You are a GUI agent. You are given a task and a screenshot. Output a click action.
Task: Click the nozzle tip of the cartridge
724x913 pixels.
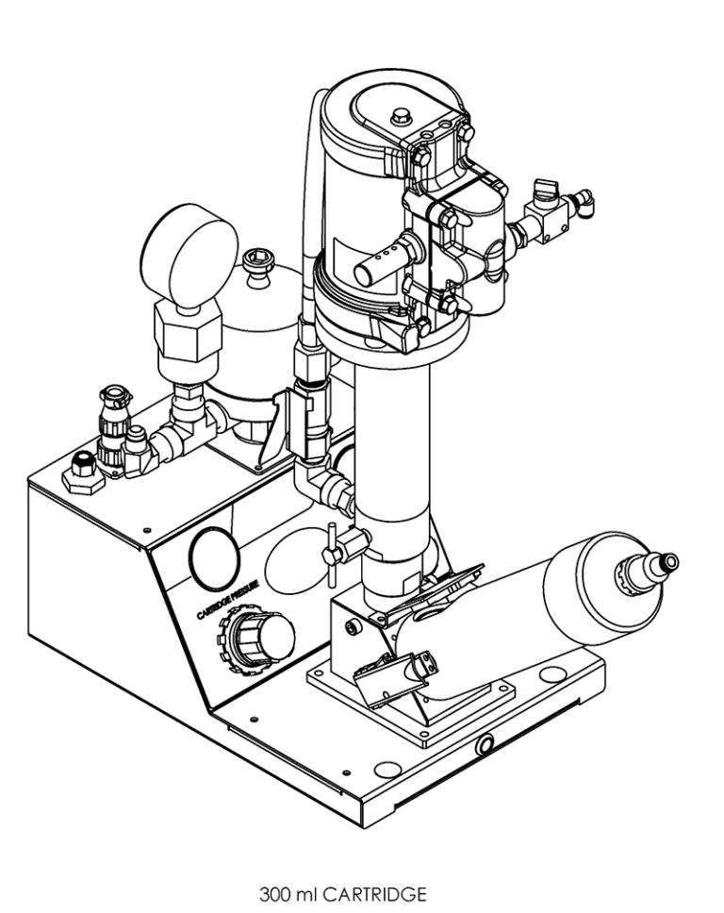tap(670, 565)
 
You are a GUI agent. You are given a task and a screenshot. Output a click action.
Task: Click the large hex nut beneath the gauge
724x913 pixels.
tap(186, 334)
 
